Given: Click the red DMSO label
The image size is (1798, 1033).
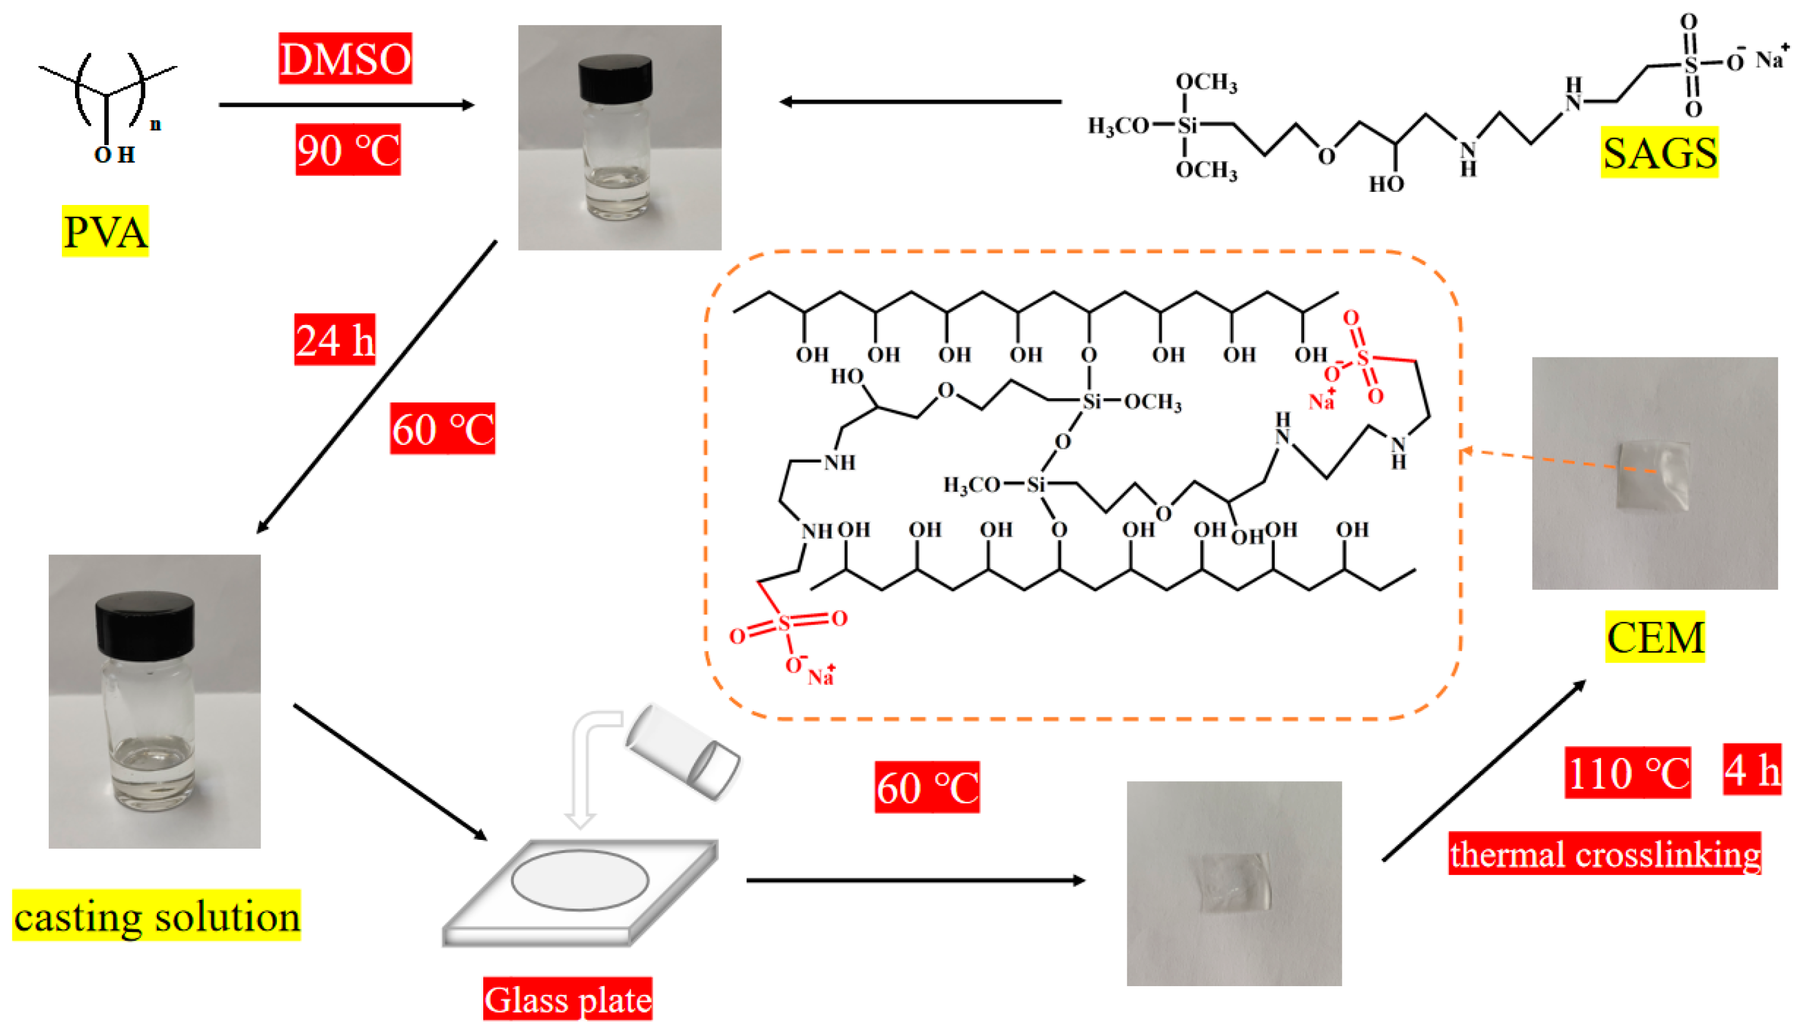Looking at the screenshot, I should point(345,58).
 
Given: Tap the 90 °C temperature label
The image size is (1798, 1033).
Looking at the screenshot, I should point(348,150).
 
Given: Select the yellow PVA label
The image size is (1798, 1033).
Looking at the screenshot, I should point(105,231).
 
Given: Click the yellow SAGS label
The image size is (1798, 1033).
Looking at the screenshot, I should point(1659,152).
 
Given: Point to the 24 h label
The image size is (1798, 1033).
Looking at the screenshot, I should point(334,339).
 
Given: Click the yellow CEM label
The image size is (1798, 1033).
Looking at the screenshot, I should point(1655,636).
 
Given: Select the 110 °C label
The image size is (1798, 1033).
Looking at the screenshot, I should point(1628,772).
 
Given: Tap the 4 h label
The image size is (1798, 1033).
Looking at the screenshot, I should point(1752,769).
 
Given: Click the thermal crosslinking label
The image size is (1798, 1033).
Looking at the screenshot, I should point(1604,853).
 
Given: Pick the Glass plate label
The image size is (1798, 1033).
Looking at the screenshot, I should point(567,999).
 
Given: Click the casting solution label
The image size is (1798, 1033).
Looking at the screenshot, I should point(156,916).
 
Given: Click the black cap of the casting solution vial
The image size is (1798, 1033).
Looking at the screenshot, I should point(145,624).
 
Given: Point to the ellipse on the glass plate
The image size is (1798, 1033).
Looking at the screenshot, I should point(580,880).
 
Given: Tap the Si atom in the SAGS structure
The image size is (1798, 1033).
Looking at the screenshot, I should point(1187,126).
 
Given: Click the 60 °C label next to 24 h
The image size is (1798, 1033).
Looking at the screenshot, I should point(442,429).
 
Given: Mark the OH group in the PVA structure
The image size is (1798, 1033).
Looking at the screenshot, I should point(114,154).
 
